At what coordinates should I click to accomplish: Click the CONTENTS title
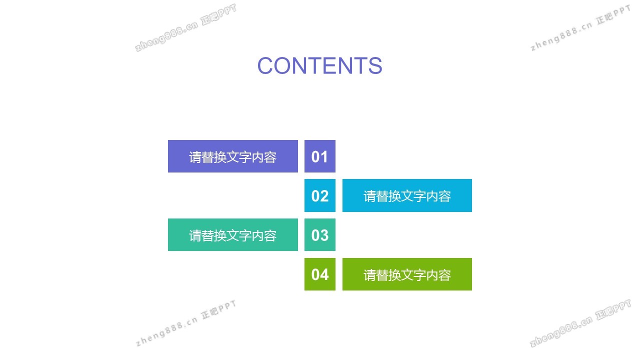(x=319, y=65)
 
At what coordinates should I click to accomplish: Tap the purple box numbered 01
(x=319, y=156)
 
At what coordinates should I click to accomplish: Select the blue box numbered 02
(x=319, y=195)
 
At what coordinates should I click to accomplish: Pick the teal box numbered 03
(x=319, y=235)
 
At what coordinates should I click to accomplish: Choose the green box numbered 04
(x=319, y=274)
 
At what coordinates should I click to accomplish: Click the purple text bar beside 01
(x=233, y=156)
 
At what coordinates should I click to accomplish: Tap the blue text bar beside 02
(x=407, y=195)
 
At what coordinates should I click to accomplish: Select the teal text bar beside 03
(x=233, y=235)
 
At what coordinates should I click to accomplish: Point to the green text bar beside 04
(x=407, y=274)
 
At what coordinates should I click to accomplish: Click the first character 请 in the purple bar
(x=195, y=157)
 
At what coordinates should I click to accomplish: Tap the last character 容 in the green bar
(x=444, y=275)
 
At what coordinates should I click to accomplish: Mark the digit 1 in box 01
(x=324, y=157)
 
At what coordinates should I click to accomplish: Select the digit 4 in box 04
(x=324, y=274)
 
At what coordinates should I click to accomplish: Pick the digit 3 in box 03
(x=324, y=235)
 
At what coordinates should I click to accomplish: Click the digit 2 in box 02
(x=324, y=196)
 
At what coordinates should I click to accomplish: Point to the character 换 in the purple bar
(x=220, y=157)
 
